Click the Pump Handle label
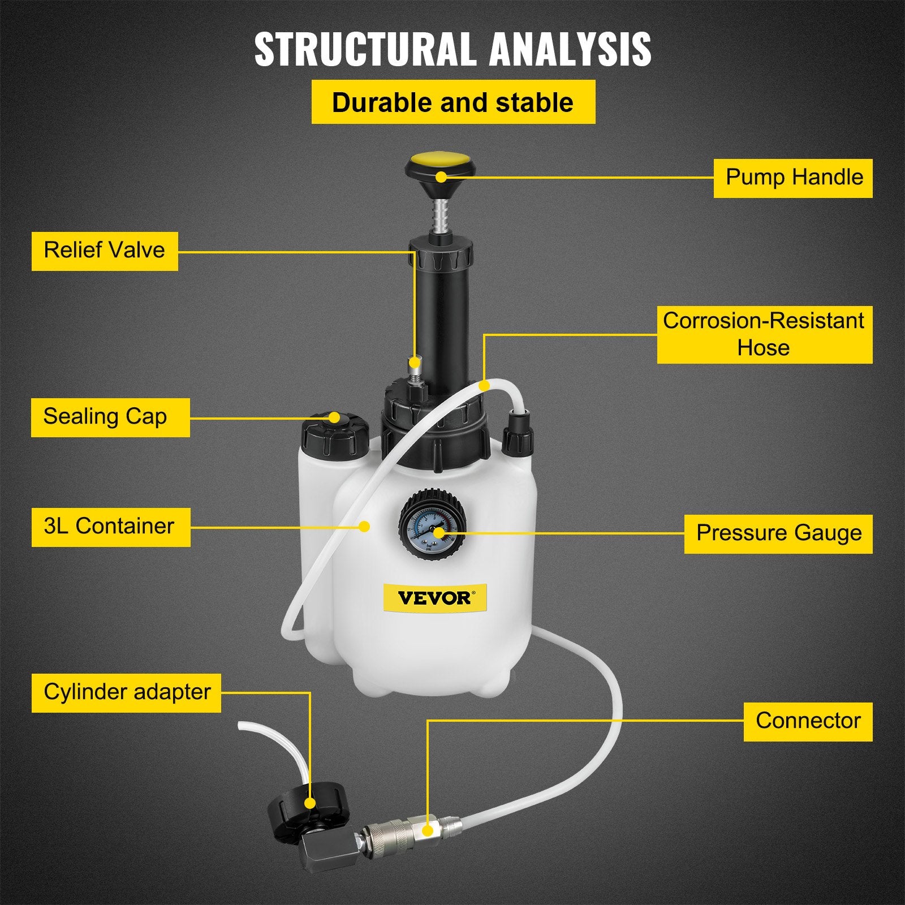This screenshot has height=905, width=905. (x=793, y=178)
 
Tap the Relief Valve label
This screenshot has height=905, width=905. (x=105, y=251)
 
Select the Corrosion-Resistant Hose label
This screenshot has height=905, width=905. (x=764, y=334)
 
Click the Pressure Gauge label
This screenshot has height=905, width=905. (x=778, y=533)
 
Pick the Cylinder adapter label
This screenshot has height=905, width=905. (x=126, y=692)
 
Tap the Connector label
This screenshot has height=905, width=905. (x=808, y=721)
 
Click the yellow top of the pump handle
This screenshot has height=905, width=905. (x=437, y=165)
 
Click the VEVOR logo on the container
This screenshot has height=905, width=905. (x=434, y=598)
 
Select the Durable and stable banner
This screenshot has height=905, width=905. (x=453, y=102)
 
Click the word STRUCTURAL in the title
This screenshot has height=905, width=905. (x=364, y=50)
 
